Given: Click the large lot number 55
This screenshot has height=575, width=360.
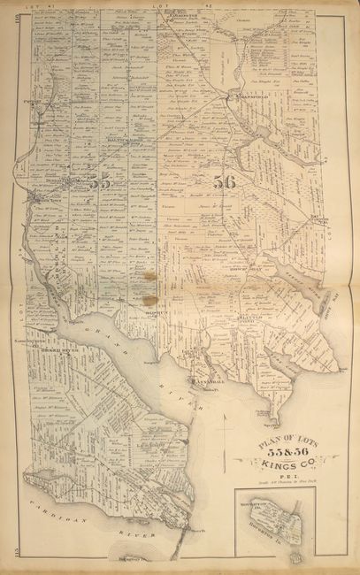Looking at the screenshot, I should pyautogui.click(x=98, y=184).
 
